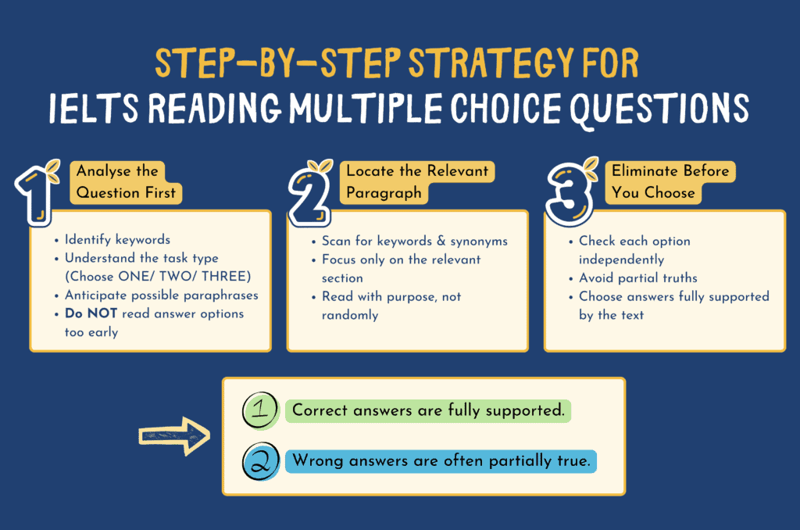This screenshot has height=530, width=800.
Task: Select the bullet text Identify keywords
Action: coord(117,240)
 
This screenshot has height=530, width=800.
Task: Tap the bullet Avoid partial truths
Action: coord(638,277)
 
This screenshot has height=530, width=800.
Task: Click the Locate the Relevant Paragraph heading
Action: coord(417,181)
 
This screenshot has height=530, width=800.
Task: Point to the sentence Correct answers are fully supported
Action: coord(428,410)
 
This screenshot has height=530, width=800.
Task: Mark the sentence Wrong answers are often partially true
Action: coord(441,461)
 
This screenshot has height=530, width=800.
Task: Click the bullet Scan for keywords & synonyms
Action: coord(414,241)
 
